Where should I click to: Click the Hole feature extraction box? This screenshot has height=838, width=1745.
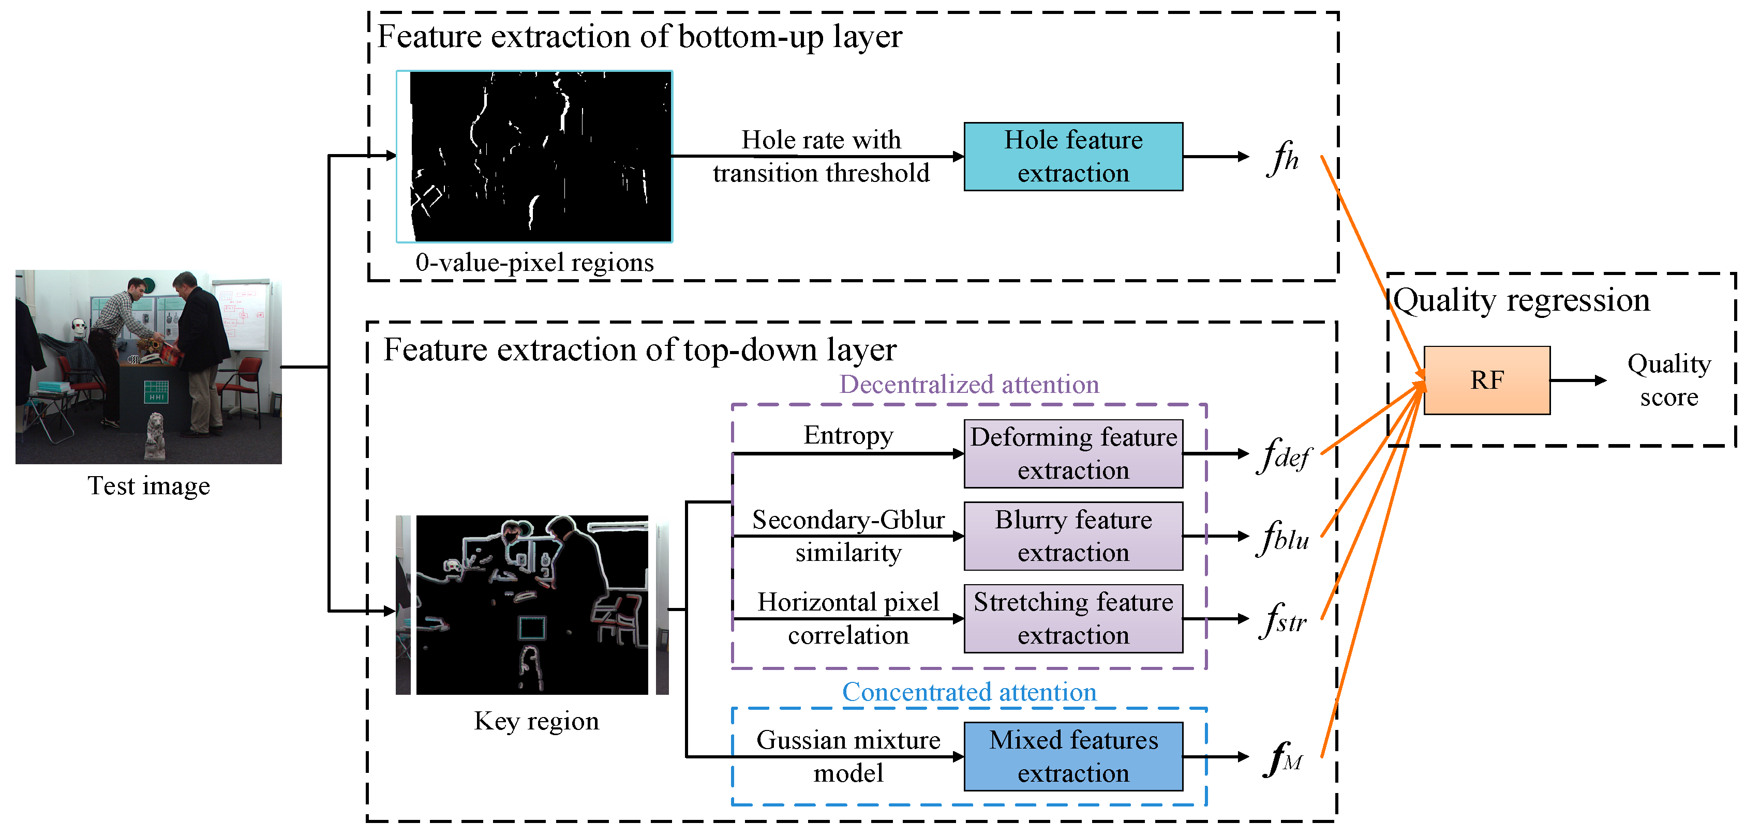(1073, 156)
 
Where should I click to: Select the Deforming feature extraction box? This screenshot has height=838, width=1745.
(1073, 453)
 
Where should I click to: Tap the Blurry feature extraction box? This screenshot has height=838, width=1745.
(1073, 536)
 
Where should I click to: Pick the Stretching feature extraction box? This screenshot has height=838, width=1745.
(1073, 619)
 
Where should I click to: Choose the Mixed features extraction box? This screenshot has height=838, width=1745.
(1073, 756)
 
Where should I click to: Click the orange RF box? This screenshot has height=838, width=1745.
(1486, 380)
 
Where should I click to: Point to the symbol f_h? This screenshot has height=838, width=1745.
(1282, 158)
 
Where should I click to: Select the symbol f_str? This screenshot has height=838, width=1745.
(1283, 620)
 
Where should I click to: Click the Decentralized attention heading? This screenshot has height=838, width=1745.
(968, 385)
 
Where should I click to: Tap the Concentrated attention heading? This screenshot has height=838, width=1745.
(968, 692)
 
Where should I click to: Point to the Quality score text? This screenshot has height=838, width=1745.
(1668, 380)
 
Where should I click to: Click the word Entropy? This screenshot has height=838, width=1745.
(848, 435)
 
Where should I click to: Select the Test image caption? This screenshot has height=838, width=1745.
(148, 486)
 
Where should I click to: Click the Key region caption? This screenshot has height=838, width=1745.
(536, 721)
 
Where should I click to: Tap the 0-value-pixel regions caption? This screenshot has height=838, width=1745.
(534, 263)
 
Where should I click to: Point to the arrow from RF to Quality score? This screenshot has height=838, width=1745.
(1578, 380)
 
